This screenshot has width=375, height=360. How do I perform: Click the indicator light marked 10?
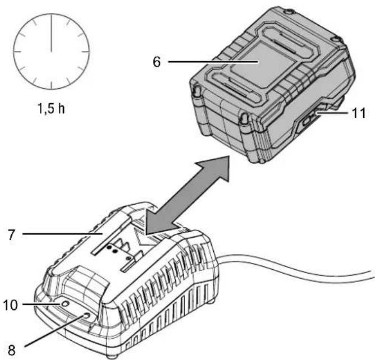(65, 303)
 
